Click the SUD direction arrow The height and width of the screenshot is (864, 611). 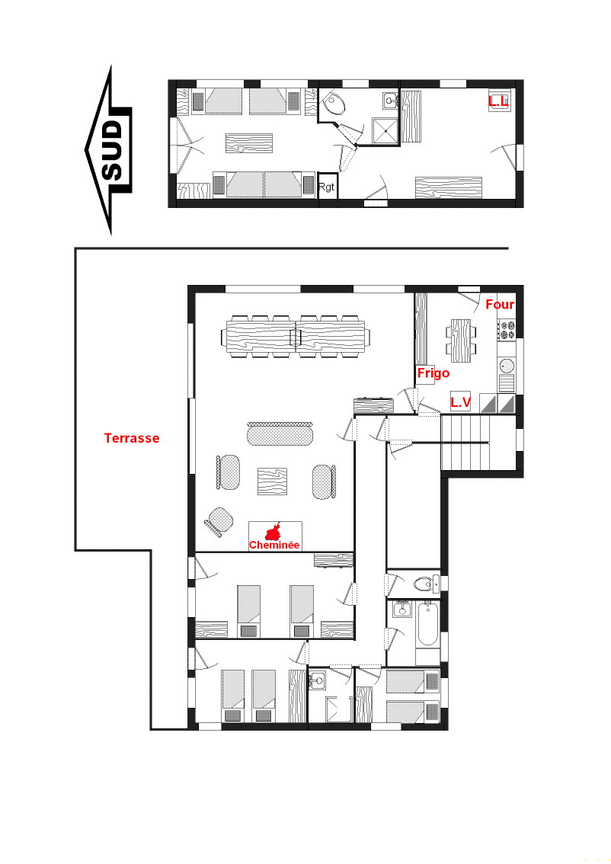point(108,149)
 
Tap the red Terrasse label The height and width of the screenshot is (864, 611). point(132,438)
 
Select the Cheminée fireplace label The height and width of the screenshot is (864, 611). point(274,545)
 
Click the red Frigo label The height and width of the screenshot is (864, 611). point(433,373)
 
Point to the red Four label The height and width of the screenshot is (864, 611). point(500,304)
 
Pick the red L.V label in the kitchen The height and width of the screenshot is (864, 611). point(461,402)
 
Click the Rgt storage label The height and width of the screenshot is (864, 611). point(326,187)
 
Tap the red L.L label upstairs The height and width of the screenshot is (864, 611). point(498,101)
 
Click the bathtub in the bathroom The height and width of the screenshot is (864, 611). point(428,624)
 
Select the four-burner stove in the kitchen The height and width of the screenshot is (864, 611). point(507,329)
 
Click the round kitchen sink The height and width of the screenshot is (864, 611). point(507,365)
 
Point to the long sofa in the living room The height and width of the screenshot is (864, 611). point(280,434)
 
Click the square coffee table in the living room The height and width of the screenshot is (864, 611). point(272,482)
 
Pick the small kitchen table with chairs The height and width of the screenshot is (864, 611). point(461,341)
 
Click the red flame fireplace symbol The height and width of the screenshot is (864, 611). point(274,532)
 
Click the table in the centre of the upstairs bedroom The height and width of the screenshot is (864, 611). point(249,143)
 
